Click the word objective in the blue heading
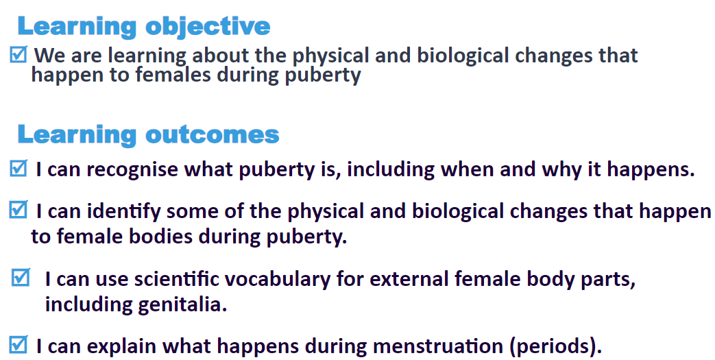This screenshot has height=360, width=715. pos(208,27)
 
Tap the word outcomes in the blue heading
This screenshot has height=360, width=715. pos(212,134)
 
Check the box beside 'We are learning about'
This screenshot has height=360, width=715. pos(19,54)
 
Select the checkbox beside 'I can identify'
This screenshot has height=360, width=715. pos(19,209)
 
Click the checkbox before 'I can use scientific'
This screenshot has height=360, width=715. pos(21,278)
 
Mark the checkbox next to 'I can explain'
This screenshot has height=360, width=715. pos(19,344)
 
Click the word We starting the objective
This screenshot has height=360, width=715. pos(50,56)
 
